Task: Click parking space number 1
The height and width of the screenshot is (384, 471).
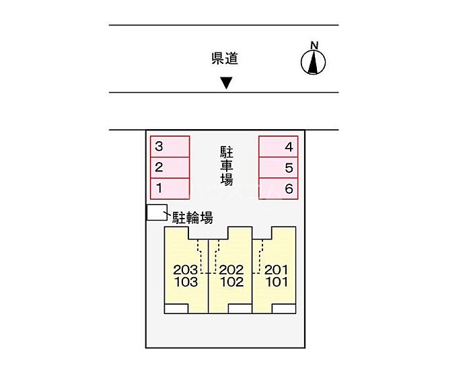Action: [169, 188]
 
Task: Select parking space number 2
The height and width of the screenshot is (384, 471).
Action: [169, 167]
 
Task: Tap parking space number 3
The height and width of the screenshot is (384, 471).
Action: [169, 147]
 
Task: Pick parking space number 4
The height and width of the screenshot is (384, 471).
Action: [279, 147]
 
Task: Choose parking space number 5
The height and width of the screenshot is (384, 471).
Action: [279, 167]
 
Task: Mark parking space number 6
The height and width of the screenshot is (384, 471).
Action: [279, 188]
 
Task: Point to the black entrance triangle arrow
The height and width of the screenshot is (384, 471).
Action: [227, 83]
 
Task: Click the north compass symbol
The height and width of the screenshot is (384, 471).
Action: [313, 61]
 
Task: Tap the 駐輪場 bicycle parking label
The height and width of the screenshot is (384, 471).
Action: [193, 217]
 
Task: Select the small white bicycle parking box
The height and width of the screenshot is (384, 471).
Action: [156, 213]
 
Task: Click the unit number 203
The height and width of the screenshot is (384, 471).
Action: [186, 270]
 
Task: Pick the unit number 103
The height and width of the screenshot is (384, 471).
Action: [186, 282]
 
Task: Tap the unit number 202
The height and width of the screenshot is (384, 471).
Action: [231, 270]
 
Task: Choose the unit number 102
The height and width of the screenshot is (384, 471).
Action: [231, 282]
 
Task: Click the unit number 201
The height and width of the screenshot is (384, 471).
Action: [276, 270]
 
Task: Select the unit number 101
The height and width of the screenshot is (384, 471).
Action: [276, 282]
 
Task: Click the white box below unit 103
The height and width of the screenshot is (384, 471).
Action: [177, 309]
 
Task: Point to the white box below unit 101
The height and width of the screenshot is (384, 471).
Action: [284, 309]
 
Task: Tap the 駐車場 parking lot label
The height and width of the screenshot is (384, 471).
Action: [227, 165]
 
